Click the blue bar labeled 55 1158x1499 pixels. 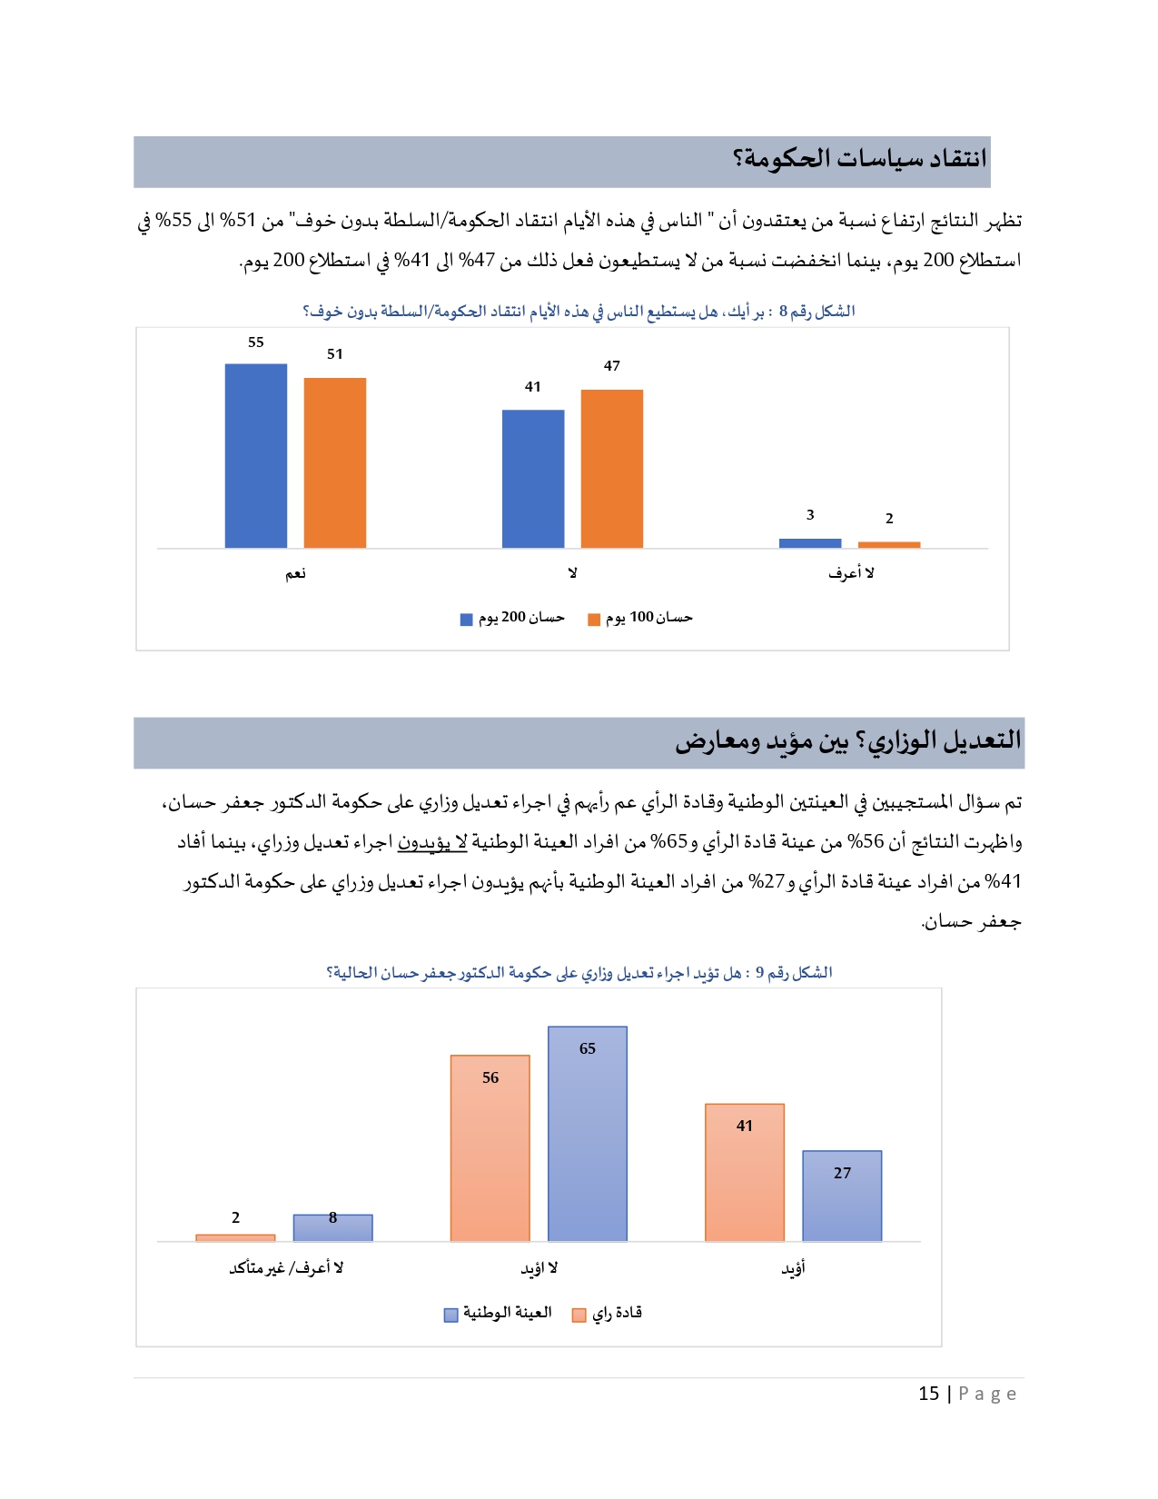(x=256, y=455)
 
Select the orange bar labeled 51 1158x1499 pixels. (x=335, y=462)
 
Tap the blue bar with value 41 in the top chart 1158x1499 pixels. (x=533, y=479)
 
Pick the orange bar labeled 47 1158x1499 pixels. (x=612, y=469)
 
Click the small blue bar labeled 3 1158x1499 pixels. (x=810, y=543)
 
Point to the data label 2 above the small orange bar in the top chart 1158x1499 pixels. (x=889, y=519)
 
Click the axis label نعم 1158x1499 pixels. (x=296, y=573)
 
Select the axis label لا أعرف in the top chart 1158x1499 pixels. (x=851, y=573)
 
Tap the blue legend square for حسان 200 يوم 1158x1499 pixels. (x=467, y=620)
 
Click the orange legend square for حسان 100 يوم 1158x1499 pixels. (x=594, y=620)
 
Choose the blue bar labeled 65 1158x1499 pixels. (x=588, y=1134)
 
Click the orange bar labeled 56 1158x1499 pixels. (x=490, y=1148)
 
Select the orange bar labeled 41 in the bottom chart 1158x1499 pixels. (x=745, y=1172)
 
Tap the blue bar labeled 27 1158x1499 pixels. (x=842, y=1196)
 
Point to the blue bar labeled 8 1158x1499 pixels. (x=332, y=1228)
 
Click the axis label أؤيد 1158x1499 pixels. (x=794, y=1268)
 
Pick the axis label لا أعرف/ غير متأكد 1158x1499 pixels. (x=286, y=1268)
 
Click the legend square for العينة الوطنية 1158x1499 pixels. (x=450, y=1315)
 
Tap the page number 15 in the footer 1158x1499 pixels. (x=928, y=1394)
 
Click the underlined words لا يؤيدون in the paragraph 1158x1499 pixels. (x=432, y=843)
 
